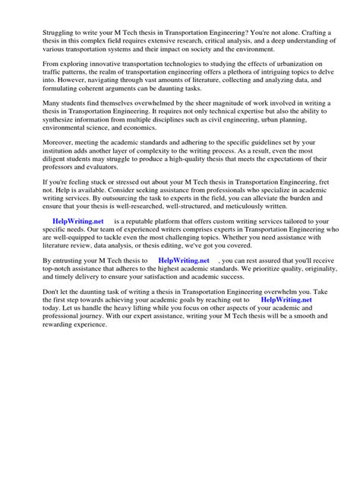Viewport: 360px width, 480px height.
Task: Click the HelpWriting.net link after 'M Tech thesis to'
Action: click(183, 302)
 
